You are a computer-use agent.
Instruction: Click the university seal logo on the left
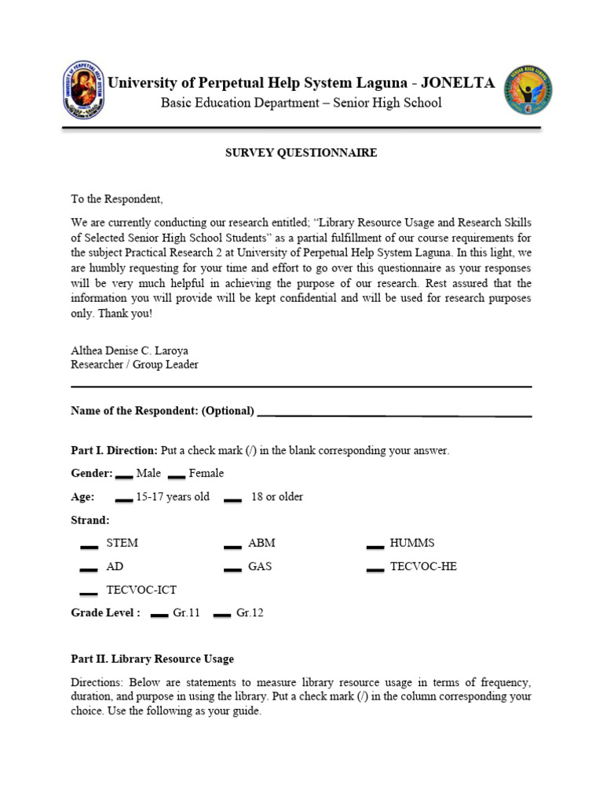coord(83,90)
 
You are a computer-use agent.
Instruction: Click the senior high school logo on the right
coord(528,90)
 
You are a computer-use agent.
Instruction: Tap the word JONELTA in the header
coord(459,83)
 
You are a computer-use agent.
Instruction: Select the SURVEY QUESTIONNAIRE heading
coord(301,153)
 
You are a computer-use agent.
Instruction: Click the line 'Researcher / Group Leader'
coord(134,365)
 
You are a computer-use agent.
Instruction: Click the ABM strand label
coord(261,543)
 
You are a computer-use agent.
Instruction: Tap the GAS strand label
coord(260,566)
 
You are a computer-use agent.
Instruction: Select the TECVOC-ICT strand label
coord(141,590)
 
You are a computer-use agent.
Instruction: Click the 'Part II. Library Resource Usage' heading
coord(152,659)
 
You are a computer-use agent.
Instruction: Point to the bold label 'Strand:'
coord(90,520)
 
